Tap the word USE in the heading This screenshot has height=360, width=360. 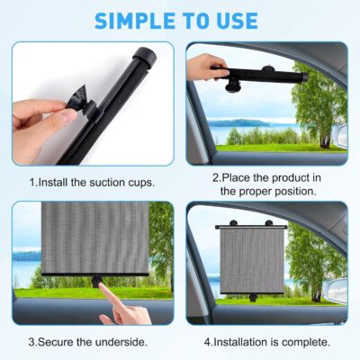click(x=235, y=20)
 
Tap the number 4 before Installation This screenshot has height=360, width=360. click(x=207, y=342)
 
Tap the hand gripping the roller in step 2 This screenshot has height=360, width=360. click(x=206, y=66)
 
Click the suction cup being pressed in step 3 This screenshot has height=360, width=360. click(x=96, y=282)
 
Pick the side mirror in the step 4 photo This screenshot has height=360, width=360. click(x=337, y=290)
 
